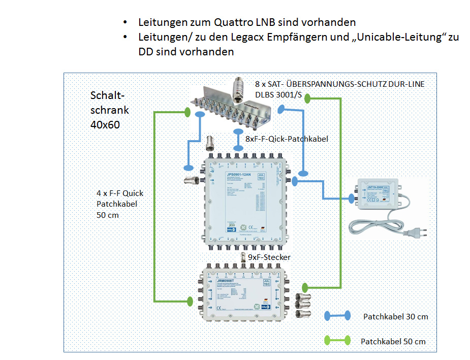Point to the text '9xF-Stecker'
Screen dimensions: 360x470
pos(269,257)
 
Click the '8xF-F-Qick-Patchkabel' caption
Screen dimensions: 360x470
pos(287,138)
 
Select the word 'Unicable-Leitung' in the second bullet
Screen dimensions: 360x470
pos(393,38)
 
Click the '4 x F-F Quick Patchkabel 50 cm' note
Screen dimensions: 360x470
pos(120,204)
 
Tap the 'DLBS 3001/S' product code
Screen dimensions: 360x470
pos(280,94)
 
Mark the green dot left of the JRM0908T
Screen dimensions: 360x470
pos(190,301)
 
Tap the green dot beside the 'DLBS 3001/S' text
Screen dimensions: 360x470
pos(307,99)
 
